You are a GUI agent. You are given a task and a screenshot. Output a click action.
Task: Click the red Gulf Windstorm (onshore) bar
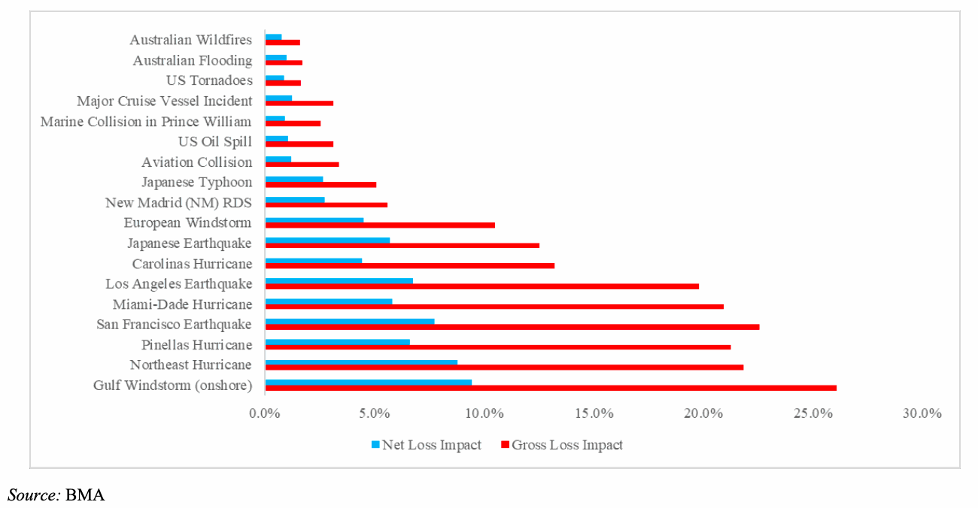(551, 388)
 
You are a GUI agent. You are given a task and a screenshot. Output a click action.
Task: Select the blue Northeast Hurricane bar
(361, 362)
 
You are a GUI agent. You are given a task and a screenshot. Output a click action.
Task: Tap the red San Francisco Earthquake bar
(512, 327)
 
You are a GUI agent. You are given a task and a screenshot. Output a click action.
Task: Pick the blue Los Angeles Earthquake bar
(339, 281)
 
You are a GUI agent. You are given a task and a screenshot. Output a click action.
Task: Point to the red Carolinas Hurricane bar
(410, 265)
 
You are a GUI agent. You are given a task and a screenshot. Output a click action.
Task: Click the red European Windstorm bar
(380, 225)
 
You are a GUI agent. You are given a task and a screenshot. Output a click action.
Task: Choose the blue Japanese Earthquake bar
(327, 240)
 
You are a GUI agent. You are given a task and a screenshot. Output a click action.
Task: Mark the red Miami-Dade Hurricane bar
(494, 307)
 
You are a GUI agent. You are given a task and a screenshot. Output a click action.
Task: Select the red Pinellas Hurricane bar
(498, 347)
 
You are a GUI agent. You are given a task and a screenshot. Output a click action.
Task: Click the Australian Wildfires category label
(190, 40)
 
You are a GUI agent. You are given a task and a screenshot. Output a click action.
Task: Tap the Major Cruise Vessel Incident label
(164, 101)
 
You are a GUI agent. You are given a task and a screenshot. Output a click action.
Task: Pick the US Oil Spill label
(214, 141)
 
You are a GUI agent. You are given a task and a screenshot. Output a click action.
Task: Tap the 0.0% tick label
(265, 413)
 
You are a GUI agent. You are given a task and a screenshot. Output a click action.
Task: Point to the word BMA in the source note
(84, 494)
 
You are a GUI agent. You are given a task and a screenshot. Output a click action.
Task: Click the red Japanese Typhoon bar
(320, 184)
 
